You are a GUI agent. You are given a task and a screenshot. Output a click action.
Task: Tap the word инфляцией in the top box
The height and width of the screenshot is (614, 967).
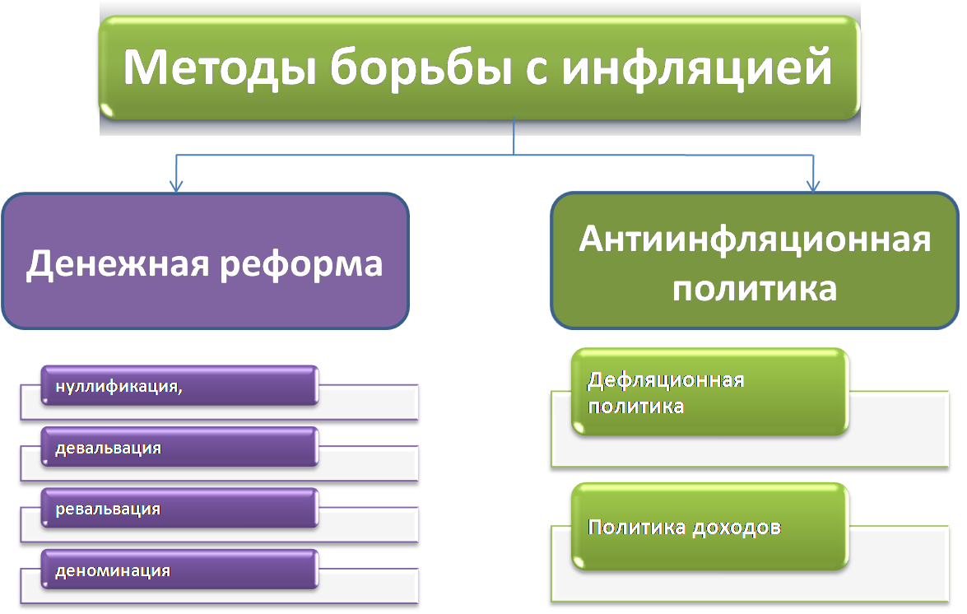pyautogui.click(x=696, y=67)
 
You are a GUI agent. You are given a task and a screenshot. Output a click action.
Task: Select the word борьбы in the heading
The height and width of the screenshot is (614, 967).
pyautogui.click(x=421, y=67)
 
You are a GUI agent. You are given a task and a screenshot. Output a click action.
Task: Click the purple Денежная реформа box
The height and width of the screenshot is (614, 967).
pyautogui.click(x=206, y=261)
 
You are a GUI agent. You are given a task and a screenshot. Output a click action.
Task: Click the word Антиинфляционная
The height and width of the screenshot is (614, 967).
pyautogui.click(x=755, y=240)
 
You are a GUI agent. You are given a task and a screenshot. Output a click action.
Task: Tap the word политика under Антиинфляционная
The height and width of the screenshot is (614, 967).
pyautogui.click(x=754, y=290)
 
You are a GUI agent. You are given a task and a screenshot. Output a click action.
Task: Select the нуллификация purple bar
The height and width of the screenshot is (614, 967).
pyautogui.click(x=179, y=385)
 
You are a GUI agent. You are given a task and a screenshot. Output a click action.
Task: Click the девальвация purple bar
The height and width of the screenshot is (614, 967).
pyautogui.click(x=179, y=446)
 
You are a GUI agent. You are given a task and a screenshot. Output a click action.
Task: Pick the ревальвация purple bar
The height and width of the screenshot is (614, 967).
pyautogui.click(x=179, y=508)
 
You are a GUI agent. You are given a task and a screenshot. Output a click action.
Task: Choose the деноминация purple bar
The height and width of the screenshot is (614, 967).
pyautogui.click(x=179, y=569)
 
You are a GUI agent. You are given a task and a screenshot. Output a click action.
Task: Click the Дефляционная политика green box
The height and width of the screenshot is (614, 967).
pyautogui.click(x=710, y=392)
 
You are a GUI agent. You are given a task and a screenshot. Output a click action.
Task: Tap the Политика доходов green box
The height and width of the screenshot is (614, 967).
pyautogui.click(x=710, y=527)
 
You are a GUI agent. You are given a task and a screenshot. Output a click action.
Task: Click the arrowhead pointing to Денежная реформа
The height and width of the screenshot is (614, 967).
pyautogui.click(x=176, y=186)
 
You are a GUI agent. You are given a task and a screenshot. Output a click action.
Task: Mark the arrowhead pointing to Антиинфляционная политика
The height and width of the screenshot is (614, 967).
pyautogui.click(x=813, y=185)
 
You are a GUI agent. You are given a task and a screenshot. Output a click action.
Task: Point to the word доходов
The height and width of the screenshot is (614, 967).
pyautogui.click(x=737, y=528)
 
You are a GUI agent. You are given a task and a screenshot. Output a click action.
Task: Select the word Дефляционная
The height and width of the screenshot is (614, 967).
pyautogui.click(x=666, y=381)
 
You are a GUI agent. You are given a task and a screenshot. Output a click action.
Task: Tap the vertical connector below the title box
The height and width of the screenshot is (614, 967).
pyautogui.click(x=514, y=137)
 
